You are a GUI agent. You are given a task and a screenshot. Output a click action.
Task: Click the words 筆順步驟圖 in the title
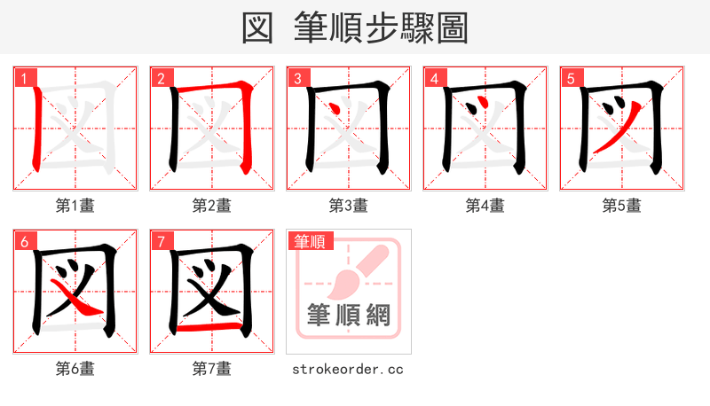pyautogui.click(x=382, y=27)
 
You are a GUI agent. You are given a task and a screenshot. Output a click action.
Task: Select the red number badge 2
pyautogui.click(x=160, y=78)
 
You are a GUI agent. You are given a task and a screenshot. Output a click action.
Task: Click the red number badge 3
pyautogui.click(x=296, y=78)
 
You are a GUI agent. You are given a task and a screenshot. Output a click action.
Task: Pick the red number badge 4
pyautogui.click(x=433, y=78)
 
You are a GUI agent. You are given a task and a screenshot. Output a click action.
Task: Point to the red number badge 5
pyautogui.click(x=570, y=78)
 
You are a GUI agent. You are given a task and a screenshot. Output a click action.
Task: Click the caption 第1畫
pyautogui.click(x=75, y=206)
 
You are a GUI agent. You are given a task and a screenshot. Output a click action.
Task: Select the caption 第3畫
pyautogui.click(x=349, y=206)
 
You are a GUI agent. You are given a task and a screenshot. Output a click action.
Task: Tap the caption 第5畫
pyautogui.click(x=622, y=206)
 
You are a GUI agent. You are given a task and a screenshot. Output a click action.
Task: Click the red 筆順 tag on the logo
pyautogui.click(x=307, y=240)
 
